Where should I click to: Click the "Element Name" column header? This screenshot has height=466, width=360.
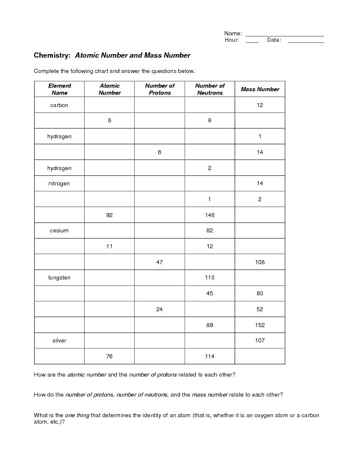pyautogui.click(x=59, y=89)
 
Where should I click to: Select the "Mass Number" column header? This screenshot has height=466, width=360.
pyautogui.click(x=260, y=89)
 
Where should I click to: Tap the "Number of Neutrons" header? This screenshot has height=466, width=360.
pyautogui.click(x=210, y=89)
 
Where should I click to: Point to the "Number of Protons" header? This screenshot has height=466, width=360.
pyautogui.click(x=159, y=89)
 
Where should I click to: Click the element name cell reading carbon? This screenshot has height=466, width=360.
pyautogui.click(x=59, y=105)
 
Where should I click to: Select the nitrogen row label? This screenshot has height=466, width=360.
pyautogui.click(x=59, y=184)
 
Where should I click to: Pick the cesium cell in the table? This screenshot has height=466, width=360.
pyautogui.click(x=59, y=231)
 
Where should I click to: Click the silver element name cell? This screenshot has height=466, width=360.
pyautogui.click(x=59, y=340)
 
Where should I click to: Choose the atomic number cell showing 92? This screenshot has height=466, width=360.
pyautogui.click(x=109, y=215)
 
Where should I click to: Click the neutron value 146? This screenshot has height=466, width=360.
pyautogui.click(x=210, y=215)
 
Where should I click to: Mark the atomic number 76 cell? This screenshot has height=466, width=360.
pyautogui.click(x=109, y=356)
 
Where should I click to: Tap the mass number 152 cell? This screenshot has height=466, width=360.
pyautogui.click(x=260, y=324)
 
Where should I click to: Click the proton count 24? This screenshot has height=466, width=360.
pyautogui.click(x=159, y=308)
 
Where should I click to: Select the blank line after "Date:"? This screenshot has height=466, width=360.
pyautogui.click(x=305, y=41)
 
